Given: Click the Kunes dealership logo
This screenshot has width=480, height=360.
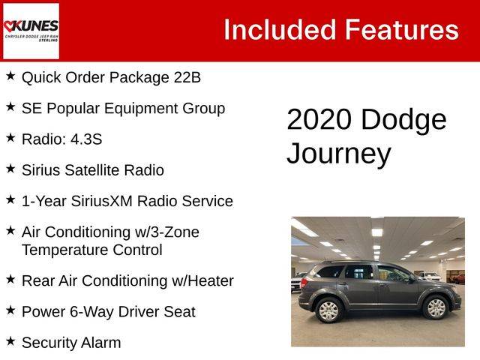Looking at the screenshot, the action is (x=31, y=31).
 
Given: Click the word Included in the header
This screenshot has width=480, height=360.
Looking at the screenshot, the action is (x=280, y=30).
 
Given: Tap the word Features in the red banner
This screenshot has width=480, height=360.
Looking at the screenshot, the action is (x=402, y=30).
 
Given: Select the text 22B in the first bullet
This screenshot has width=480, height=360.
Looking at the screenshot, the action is (x=187, y=77).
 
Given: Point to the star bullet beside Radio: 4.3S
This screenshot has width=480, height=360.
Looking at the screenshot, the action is (x=10, y=138).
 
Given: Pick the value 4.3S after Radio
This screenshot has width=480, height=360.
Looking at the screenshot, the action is (x=86, y=139).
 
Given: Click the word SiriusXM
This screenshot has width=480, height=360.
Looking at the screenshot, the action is (x=102, y=201).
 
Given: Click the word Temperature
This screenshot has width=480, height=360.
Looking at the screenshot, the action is (x=65, y=250).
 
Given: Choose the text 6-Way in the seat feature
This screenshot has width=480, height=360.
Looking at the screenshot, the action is (x=91, y=312).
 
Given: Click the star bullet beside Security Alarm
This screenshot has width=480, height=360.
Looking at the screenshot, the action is (x=10, y=341).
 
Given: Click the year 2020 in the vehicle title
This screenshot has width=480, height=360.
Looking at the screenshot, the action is (x=319, y=119).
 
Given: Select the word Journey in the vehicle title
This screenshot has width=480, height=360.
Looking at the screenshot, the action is (x=339, y=154).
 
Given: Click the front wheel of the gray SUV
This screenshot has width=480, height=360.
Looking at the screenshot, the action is (x=436, y=307).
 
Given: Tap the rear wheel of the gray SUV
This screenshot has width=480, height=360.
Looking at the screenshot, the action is (x=328, y=310).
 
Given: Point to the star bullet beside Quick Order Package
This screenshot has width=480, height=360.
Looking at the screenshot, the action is (x=10, y=76).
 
